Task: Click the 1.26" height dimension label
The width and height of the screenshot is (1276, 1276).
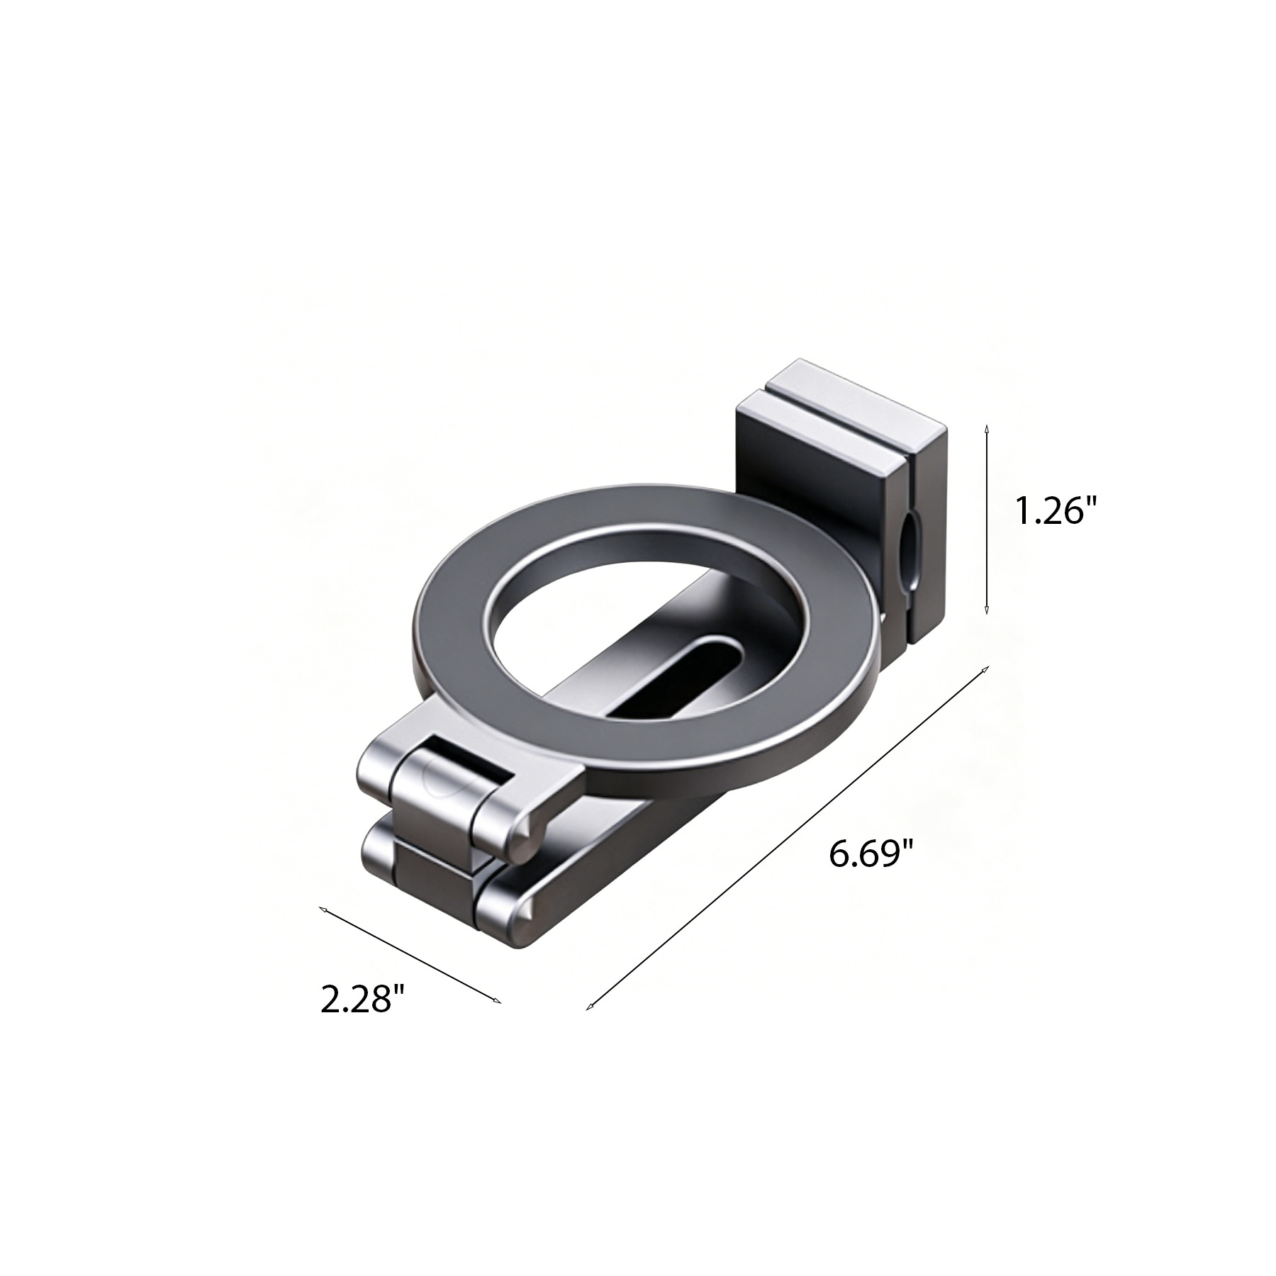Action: click(1051, 510)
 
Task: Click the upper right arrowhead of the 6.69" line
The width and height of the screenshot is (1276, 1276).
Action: click(985, 670)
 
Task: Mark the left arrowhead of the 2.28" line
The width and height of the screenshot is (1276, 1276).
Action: click(323, 910)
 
